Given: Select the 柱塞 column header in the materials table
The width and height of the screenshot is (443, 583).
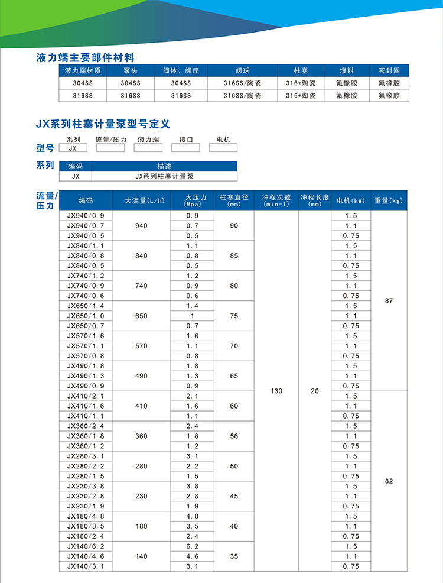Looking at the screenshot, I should [x=301, y=70].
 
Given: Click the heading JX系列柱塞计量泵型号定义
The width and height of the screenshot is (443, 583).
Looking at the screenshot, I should [x=103, y=124].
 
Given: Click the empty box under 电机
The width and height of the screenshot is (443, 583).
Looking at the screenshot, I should [x=223, y=149].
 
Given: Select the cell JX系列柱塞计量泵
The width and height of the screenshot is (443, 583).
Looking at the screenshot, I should [x=164, y=176].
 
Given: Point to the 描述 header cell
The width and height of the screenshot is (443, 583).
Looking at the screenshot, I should [x=164, y=166].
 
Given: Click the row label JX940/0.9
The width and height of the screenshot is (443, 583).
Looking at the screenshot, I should [x=86, y=216].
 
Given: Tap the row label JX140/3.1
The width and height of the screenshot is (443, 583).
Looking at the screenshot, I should [x=86, y=566].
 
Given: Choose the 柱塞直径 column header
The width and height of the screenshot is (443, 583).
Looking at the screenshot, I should [x=234, y=200].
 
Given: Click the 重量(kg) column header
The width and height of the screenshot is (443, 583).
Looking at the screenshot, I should [x=389, y=200].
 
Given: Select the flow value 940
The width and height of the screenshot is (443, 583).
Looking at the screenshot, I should [x=141, y=226].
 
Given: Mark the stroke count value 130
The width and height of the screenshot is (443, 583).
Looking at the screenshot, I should [x=276, y=391].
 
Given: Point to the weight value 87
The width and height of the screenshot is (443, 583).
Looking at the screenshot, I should [x=389, y=300].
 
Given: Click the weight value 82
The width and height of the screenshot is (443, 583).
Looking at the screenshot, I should [x=389, y=481].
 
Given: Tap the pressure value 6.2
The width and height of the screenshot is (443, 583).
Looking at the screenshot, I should [x=192, y=546].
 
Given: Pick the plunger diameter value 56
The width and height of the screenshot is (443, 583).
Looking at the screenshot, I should [x=234, y=436].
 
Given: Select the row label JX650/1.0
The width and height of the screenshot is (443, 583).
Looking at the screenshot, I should [x=86, y=316].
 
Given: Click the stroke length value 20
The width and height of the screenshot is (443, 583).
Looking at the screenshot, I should [x=315, y=391].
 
